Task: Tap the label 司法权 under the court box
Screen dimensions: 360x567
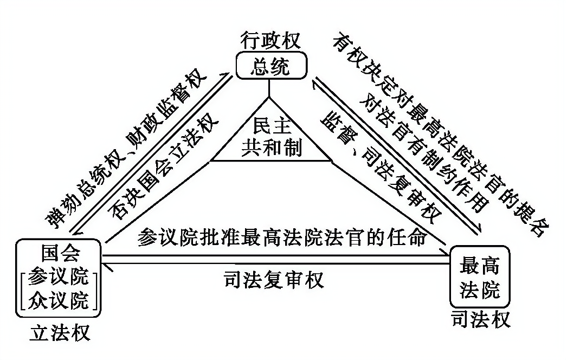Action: (x=480, y=318)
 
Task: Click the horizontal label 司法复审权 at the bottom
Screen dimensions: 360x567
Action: (x=273, y=279)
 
